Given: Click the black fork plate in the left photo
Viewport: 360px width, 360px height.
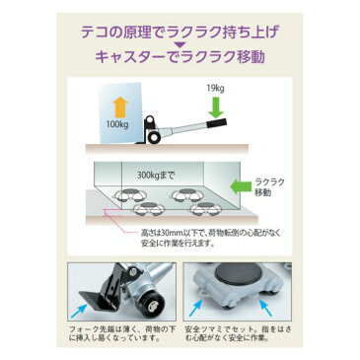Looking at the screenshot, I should [x=100, y=302].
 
